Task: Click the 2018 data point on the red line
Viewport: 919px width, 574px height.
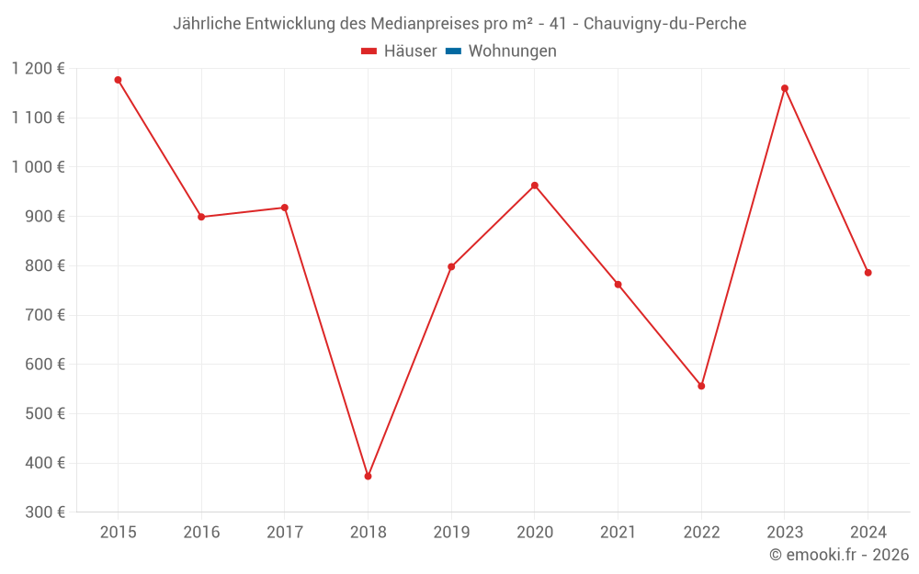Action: click(x=368, y=476)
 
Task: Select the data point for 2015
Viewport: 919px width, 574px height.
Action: click(x=118, y=80)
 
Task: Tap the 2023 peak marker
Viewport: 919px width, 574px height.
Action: click(x=785, y=88)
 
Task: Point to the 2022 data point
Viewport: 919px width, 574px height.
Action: click(x=701, y=386)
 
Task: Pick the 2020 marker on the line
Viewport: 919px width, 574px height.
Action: click(x=535, y=186)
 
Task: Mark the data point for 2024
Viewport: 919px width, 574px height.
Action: click(x=868, y=273)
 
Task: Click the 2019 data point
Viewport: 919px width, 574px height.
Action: click(x=451, y=267)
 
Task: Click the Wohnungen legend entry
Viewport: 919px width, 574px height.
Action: click(x=512, y=51)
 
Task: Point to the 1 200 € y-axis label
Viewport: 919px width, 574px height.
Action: click(x=39, y=69)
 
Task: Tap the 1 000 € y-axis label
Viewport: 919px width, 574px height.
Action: click(x=39, y=167)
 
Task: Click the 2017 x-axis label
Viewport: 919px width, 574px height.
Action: click(x=284, y=532)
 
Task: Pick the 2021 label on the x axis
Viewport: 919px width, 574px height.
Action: click(x=618, y=532)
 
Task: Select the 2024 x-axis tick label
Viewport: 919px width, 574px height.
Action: click(x=868, y=532)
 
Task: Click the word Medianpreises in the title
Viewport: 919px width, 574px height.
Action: click(x=426, y=24)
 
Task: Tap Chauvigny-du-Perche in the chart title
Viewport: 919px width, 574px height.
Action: click(x=665, y=24)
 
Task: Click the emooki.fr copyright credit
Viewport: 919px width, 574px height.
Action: click(x=839, y=555)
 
